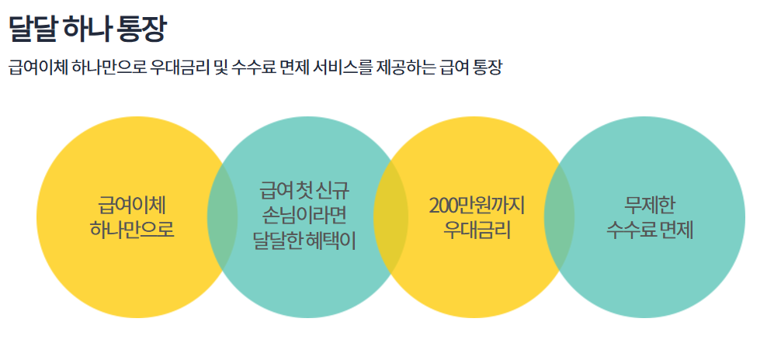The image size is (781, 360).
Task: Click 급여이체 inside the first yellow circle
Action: point(133,206)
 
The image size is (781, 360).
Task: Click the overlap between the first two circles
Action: point(223,218)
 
